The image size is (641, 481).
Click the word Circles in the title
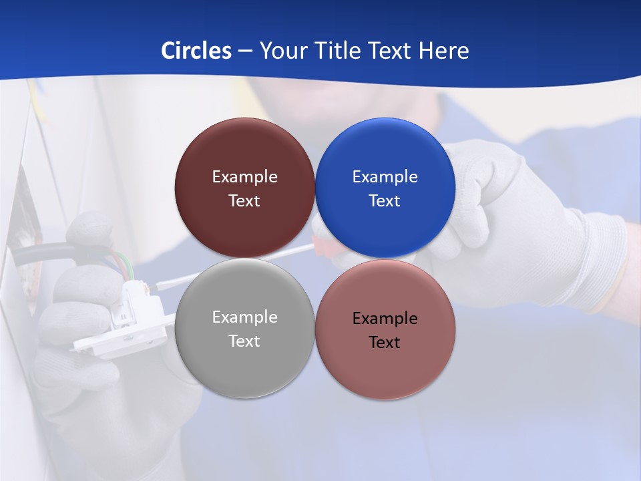click(196, 51)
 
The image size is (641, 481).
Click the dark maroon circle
click(244, 154)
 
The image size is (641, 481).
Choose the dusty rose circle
click(385, 371)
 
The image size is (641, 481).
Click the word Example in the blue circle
click(385, 177)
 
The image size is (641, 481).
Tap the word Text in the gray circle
click(244, 341)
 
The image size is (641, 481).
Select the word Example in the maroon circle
click(244, 177)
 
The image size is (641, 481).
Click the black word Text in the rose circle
click(385, 342)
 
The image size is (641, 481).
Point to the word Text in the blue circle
click(385, 200)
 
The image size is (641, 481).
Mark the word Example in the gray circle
click(244, 317)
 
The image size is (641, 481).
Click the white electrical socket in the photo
click(127, 321)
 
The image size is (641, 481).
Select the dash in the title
click(245, 51)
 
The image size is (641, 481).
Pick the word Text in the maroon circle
click(244, 200)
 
